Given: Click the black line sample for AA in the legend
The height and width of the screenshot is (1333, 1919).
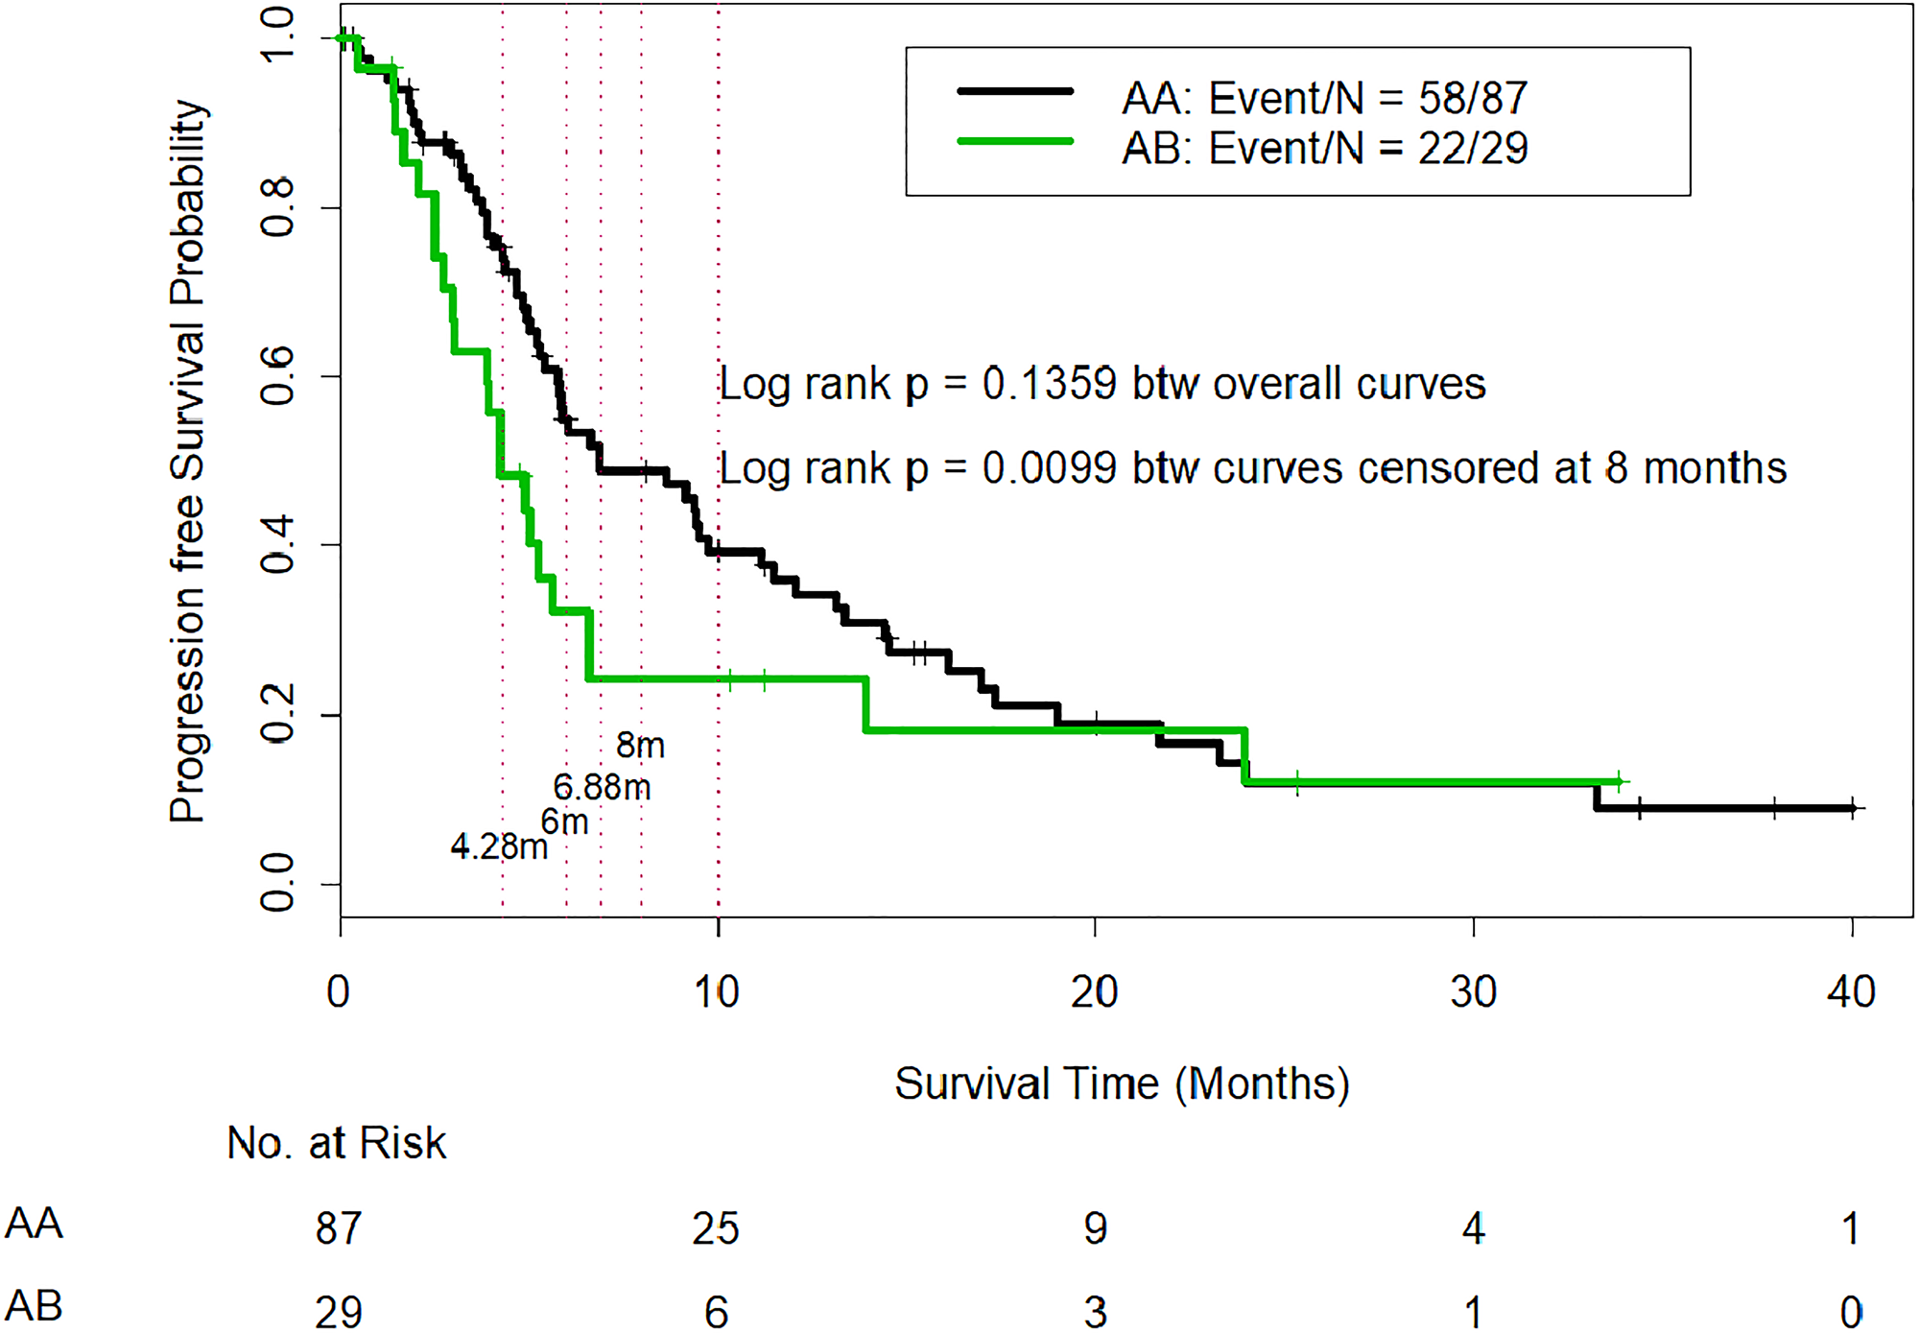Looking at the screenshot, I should pyautogui.click(x=1015, y=92).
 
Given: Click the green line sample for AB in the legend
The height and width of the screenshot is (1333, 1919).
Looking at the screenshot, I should pyautogui.click(x=1015, y=142).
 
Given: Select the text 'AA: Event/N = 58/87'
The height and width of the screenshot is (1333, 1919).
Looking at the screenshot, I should pyautogui.click(x=1324, y=98).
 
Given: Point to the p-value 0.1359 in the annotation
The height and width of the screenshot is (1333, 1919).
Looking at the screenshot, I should pyautogui.click(x=1049, y=384).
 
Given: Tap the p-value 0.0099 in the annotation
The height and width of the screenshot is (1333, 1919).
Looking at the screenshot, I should pyautogui.click(x=1049, y=468).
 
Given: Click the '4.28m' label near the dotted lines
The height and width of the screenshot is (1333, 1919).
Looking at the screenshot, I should pyautogui.click(x=499, y=846).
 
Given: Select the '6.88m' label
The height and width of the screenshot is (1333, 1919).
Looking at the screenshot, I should pyautogui.click(x=602, y=788).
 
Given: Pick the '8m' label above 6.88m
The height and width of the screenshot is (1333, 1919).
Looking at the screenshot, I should pyautogui.click(x=640, y=746).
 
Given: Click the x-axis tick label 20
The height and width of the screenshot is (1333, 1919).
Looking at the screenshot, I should pyautogui.click(x=1095, y=992).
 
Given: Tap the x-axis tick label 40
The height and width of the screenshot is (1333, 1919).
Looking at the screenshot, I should pyautogui.click(x=1851, y=992).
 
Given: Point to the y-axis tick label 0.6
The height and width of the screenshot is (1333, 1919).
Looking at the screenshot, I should pyautogui.click(x=277, y=376).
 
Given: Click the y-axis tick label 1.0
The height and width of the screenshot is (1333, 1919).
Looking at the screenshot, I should pyautogui.click(x=277, y=36).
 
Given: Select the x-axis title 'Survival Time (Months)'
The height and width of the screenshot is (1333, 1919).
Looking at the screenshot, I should pyautogui.click(x=1122, y=1084).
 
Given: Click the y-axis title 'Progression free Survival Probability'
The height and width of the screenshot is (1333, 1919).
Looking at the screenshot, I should pyautogui.click(x=188, y=461).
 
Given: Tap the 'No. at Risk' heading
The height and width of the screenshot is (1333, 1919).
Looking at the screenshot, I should pyautogui.click(x=336, y=1143).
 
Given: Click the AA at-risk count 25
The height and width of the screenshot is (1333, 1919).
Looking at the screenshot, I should pyautogui.click(x=716, y=1228).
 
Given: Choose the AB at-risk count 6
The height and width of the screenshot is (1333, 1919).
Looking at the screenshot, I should pyautogui.click(x=716, y=1312).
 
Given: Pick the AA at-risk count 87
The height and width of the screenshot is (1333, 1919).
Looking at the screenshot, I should pyautogui.click(x=339, y=1228).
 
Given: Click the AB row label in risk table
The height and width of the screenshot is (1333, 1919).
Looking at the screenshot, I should pyautogui.click(x=34, y=1306).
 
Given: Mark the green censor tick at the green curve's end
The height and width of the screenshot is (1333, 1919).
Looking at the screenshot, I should pyautogui.click(x=1619, y=781).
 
